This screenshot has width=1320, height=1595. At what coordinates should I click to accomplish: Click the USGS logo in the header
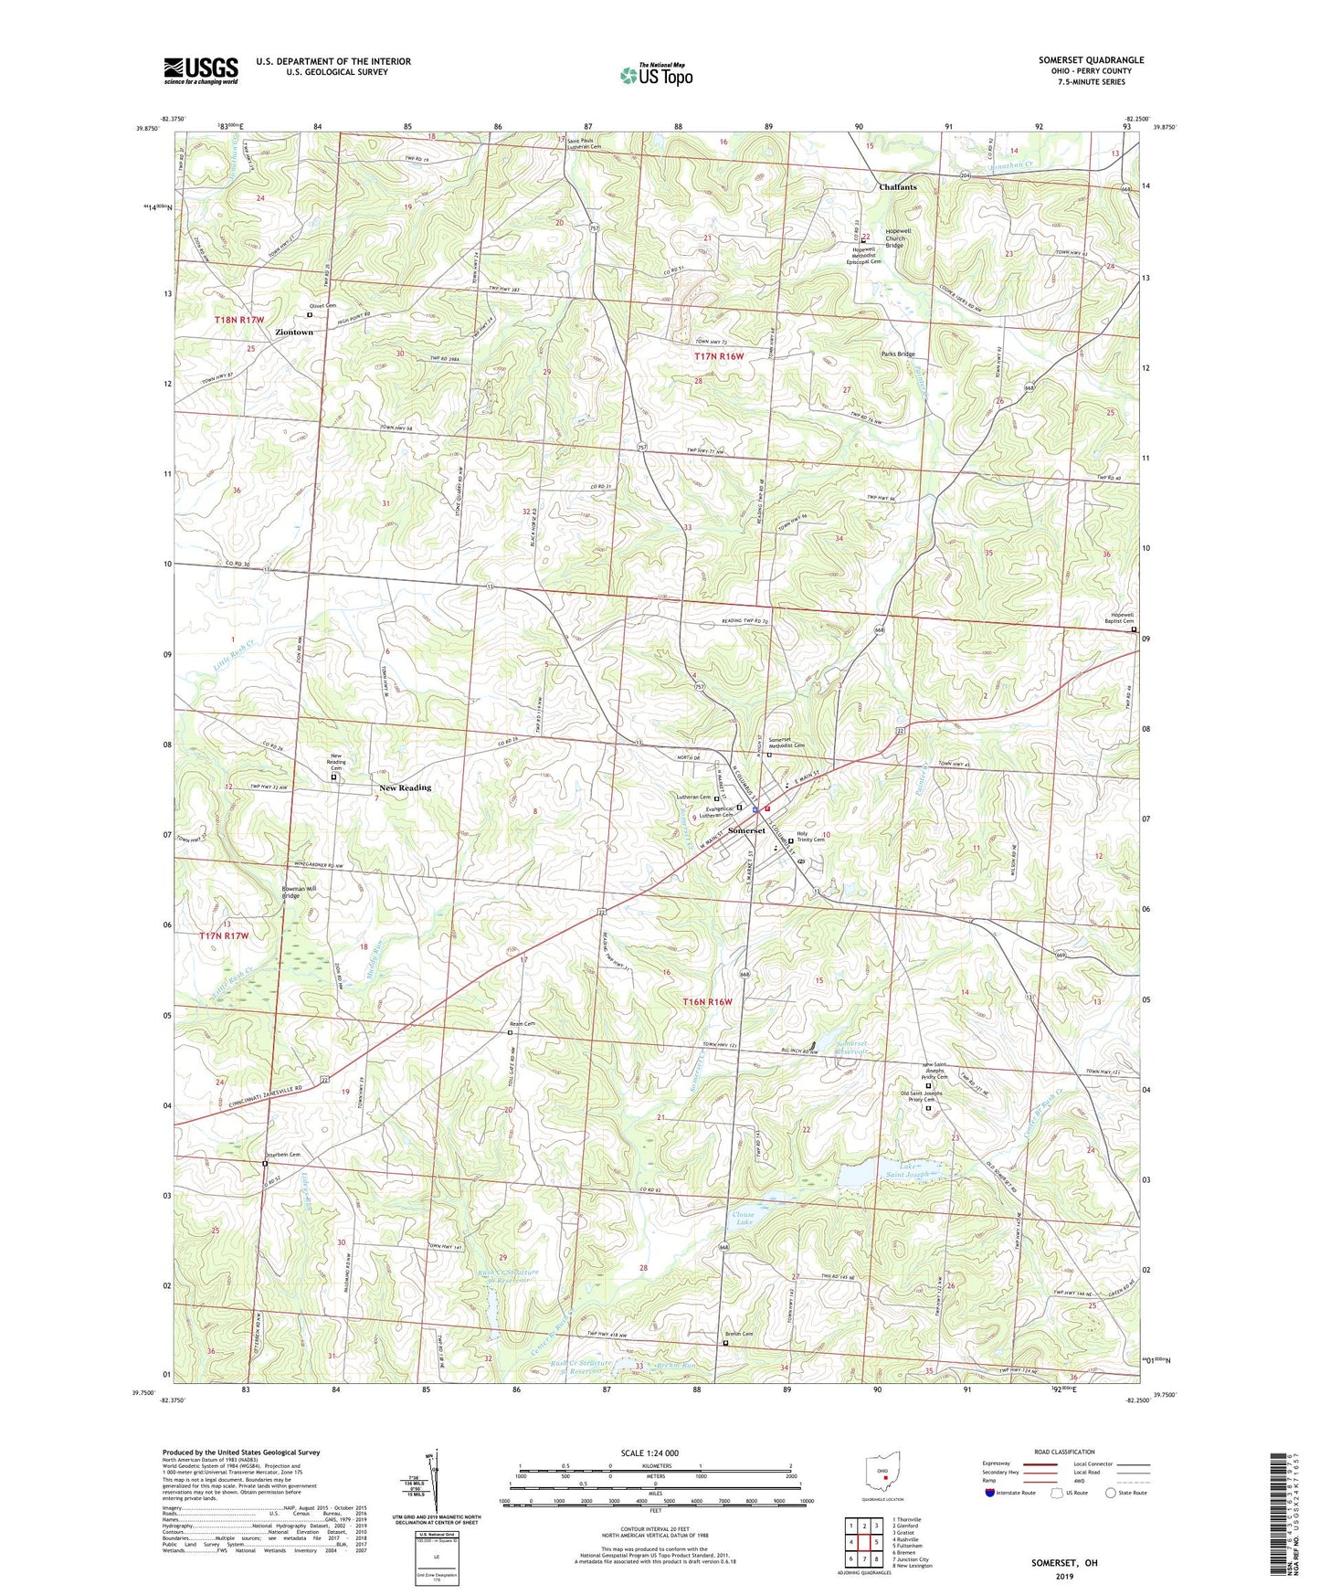point(201,70)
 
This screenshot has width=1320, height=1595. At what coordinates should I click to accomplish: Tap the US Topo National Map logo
point(656,75)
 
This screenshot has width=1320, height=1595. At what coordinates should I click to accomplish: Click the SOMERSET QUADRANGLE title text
point(1091,60)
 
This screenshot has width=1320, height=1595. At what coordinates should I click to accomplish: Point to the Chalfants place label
point(897,187)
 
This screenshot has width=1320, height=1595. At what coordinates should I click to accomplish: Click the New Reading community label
point(405,787)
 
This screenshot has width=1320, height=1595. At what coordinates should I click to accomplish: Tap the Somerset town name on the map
point(746,830)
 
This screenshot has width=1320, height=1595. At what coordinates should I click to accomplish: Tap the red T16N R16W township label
point(708,1002)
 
